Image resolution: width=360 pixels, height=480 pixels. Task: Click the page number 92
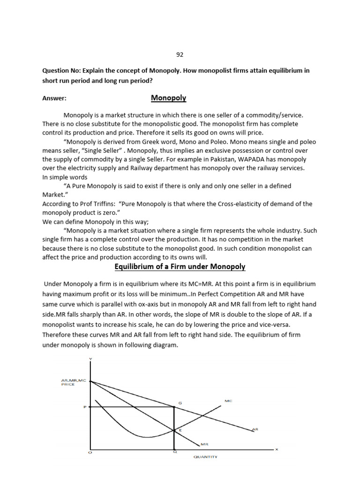point(180,54)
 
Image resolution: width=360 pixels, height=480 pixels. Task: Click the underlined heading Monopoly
point(168,98)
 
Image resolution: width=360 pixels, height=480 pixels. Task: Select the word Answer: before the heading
point(54,99)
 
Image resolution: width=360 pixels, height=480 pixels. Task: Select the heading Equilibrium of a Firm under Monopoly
point(180,267)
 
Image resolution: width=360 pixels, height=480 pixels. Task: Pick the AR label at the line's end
point(255,429)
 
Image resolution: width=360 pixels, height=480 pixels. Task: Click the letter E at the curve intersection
point(180,429)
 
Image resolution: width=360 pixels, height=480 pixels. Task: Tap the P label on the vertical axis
point(85,407)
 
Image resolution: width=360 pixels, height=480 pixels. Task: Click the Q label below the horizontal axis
point(174,451)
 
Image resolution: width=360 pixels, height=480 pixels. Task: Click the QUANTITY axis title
point(206,457)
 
